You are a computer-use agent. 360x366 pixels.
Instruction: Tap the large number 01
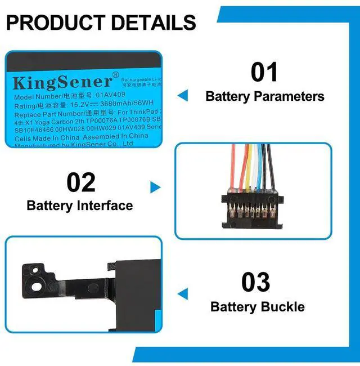[x=264, y=72]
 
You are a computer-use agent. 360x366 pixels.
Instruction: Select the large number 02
[x=81, y=182]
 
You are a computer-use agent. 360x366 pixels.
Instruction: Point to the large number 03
[x=256, y=282]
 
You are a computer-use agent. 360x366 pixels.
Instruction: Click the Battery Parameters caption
[x=265, y=96]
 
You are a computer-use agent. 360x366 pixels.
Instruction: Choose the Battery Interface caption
[x=80, y=206]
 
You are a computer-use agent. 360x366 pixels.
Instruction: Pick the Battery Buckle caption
[x=258, y=307]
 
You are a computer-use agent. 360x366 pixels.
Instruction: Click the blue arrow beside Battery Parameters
[x=182, y=96]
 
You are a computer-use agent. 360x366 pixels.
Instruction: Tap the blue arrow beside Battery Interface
[x=155, y=188]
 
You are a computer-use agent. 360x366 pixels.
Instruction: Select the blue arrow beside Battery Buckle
[x=182, y=294]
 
